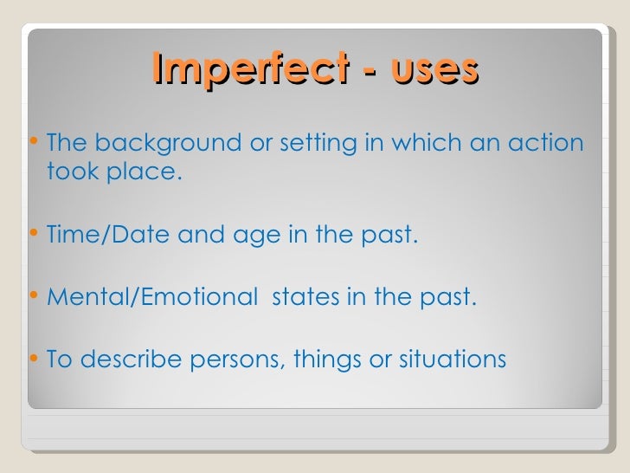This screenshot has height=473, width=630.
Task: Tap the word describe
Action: (127, 358)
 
